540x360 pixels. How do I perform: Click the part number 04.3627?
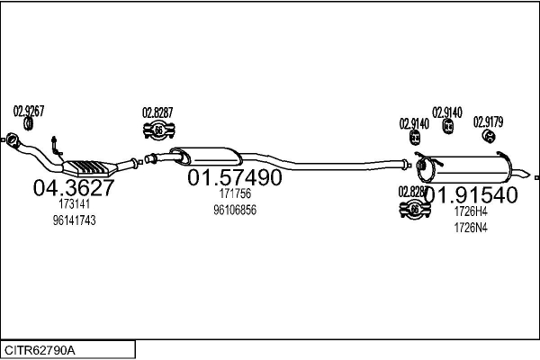[x=74, y=189]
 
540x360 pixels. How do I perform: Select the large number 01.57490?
[x=235, y=178]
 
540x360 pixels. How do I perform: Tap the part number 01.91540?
[x=471, y=194]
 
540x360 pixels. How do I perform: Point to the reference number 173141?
[x=74, y=205]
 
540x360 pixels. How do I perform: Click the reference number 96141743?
[x=74, y=220]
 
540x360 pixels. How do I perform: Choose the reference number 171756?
[x=235, y=193]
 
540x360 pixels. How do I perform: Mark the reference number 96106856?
[x=235, y=209]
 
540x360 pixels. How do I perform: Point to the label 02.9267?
[x=29, y=112]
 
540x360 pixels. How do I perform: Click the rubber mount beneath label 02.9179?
[x=488, y=136]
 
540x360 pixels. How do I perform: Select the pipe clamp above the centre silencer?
[x=157, y=131]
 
